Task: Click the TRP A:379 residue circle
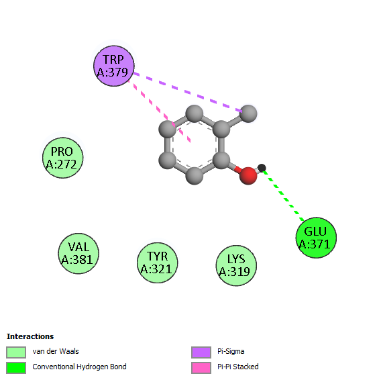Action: click(114, 66)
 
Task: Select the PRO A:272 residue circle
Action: click(63, 158)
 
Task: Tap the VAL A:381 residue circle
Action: click(78, 254)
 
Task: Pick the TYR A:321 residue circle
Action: click(158, 263)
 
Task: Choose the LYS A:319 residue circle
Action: click(236, 265)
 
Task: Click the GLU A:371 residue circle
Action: click(316, 238)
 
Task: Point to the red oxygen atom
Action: click(248, 176)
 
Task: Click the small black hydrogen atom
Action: click(262, 168)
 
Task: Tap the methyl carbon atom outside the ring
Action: click(248, 113)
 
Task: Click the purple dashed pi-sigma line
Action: click(188, 93)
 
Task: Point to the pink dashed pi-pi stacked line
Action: click(160, 111)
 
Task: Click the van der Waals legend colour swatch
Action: click(16, 352)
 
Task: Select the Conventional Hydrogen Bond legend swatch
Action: click(16, 368)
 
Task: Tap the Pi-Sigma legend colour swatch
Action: click(201, 352)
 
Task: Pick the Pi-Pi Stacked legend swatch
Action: click(201, 368)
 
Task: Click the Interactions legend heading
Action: click(30, 336)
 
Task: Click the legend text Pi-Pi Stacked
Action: click(238, 367)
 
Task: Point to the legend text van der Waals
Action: click(56, 351)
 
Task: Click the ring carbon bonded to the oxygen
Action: click(221, 160)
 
